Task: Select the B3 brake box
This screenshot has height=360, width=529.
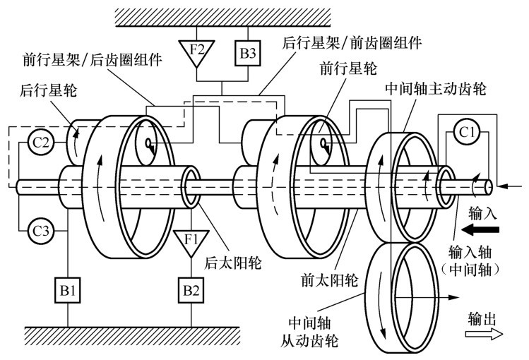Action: (x=246, y=50)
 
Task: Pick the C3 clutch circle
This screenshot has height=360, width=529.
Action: (x=40, y=230)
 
